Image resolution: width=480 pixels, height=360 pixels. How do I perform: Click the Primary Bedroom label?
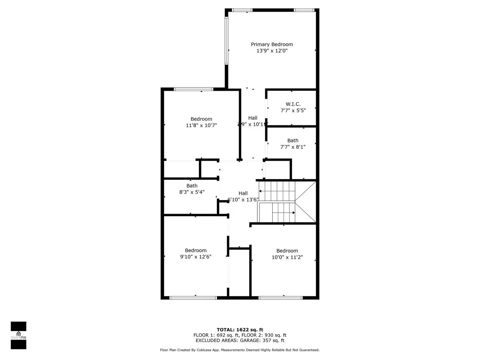pos(272,44)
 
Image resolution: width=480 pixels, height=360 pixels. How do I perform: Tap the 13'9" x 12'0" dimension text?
pos(272,51)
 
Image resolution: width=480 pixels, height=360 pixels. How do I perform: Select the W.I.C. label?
pos(293,104)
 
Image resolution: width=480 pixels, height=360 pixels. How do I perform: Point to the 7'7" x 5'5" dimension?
pos(293,110)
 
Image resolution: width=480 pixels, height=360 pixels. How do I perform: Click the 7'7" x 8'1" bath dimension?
pos(293,147)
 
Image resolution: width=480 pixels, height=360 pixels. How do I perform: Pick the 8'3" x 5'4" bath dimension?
pos(192,192)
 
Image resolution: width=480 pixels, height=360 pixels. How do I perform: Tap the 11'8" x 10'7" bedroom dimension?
pos(201,125)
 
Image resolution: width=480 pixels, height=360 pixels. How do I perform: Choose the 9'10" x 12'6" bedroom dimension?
pos(196,257)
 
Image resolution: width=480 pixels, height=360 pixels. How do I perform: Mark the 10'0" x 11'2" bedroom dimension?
pos(287,257)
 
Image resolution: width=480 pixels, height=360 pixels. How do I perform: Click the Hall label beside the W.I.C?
pos(253,118)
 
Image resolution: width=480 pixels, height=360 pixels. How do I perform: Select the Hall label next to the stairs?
pos(243,193)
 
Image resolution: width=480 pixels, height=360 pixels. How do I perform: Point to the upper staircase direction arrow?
pos(260,191)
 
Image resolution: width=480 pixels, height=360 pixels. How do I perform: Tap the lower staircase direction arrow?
pos(294,213)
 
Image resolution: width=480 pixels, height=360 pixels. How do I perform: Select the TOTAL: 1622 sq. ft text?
pos(240,330)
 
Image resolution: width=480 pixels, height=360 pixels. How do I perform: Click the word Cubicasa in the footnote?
pos(203,350)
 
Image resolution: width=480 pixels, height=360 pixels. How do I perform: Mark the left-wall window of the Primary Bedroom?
pos(226,41)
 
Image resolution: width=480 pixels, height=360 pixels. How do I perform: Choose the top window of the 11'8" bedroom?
pos(193,89)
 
